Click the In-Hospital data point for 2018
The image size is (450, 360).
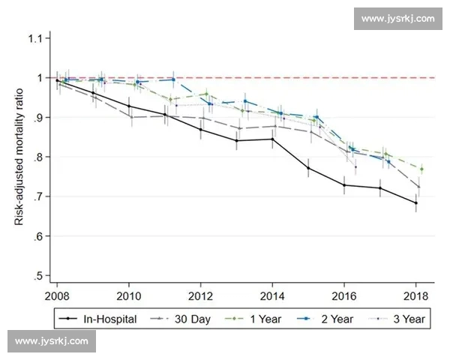click(x=415, y=202)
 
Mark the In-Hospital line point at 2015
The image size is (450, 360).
click(x=308, y=168)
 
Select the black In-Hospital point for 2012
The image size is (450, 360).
click(x=200, y=130)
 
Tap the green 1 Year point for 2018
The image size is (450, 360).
click(x=421, y=169)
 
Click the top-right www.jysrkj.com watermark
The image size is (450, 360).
click(x=397, y=18)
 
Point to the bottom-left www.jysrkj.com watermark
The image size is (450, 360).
click(x=51, y=341)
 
